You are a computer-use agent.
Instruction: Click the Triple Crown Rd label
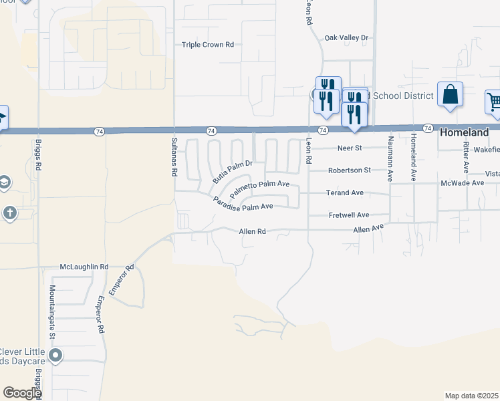point(208,45)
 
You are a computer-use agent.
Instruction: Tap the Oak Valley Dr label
point(346,38)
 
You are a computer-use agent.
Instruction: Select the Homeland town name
point(464,133)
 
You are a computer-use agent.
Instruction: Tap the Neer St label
point(349,148)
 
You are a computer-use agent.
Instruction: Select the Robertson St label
point(349,170)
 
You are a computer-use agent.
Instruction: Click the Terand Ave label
point(346,192)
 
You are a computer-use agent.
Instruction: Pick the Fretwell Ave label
point(349,215)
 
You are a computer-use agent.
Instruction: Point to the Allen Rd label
point(253,231)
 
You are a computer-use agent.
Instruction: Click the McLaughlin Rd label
point(84,267)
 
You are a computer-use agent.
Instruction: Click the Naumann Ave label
point(389,158)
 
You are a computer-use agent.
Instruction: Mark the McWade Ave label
point(462,182)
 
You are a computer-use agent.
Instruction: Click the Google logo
point(22,393)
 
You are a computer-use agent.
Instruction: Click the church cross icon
point(10,213)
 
